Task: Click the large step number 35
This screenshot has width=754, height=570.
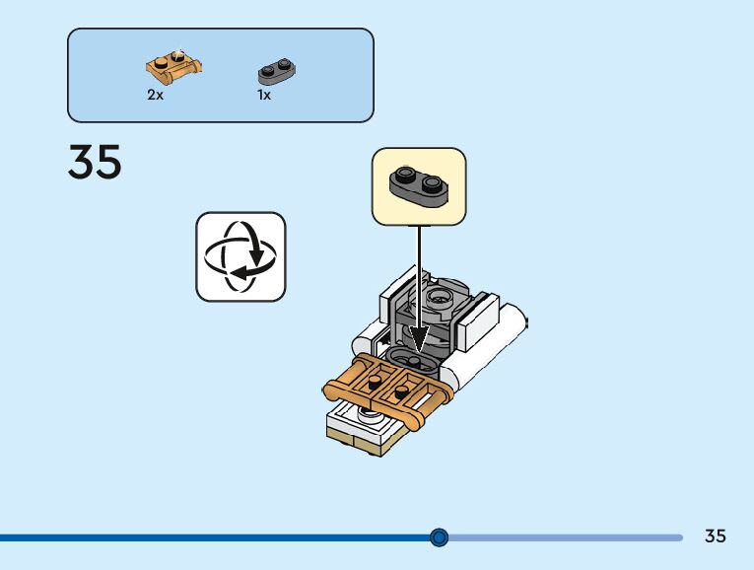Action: coord(95,163)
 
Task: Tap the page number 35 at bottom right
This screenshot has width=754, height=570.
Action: coord(716,536)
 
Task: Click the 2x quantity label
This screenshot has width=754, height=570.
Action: coord(155,96)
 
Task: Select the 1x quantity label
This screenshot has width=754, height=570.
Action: coord(264,96)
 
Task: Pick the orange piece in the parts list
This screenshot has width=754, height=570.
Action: coord(174,66)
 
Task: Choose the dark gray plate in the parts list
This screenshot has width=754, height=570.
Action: coord(278,70)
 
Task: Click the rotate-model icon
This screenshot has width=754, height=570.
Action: coord(240,256)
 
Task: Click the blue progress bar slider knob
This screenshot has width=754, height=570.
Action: coord(440,537)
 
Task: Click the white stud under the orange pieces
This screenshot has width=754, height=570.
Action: coord(372,418)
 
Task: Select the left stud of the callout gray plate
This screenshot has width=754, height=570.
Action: coord(404,176)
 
